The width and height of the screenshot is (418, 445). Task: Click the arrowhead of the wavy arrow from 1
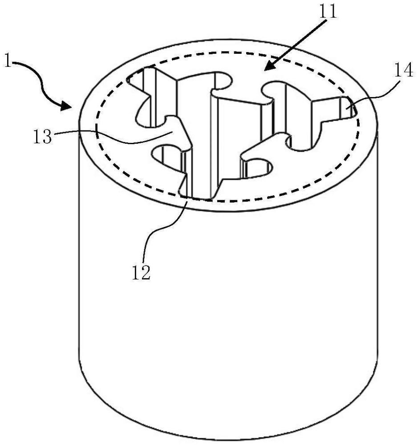[x=67, y=106]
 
